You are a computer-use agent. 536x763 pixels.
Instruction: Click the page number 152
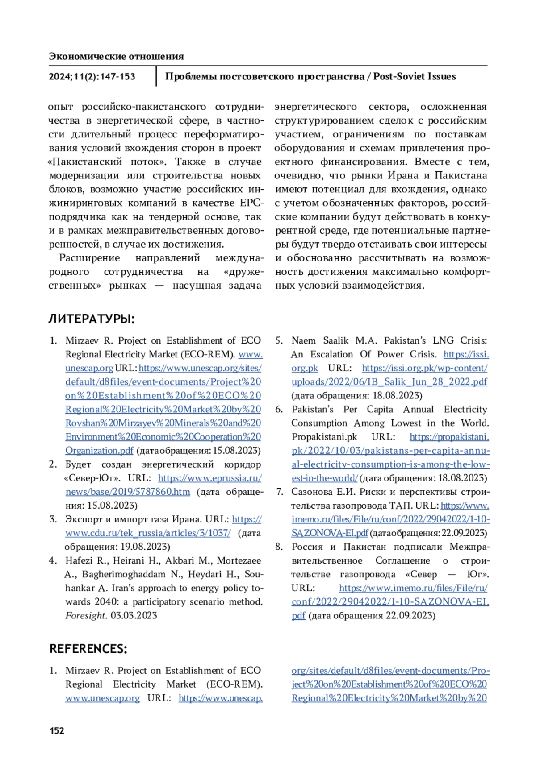57,730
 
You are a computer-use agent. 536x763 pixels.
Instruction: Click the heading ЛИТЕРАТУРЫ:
92,319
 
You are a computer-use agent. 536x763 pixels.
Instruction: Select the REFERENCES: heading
88,649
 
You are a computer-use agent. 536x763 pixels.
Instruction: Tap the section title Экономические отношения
116,56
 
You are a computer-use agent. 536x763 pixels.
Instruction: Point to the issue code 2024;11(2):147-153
92,76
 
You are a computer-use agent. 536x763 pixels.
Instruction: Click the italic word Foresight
86,615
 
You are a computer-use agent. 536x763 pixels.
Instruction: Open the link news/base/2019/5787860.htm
128,492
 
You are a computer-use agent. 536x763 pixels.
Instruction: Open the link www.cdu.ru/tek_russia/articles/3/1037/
148,533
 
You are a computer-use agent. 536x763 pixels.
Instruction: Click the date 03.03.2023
134,615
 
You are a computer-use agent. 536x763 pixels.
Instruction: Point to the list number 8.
279,547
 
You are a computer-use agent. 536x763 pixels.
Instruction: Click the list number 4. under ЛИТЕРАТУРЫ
53,560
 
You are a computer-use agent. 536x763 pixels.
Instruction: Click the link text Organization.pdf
99,451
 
